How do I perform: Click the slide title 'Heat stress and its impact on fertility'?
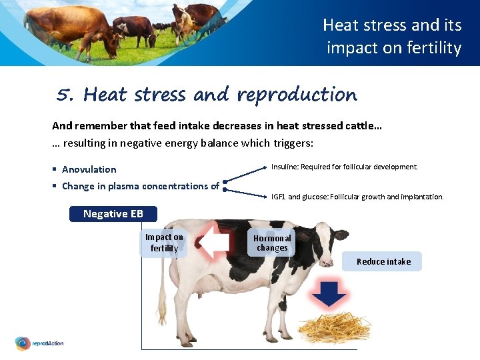392,37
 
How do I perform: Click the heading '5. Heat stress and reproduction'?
207,95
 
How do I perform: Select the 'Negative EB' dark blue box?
113,214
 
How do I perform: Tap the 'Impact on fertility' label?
164,243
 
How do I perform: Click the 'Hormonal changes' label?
272,243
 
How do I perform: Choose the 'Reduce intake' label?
383,261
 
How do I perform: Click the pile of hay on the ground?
333,327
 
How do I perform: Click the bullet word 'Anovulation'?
89,169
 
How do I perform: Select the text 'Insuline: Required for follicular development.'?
344,167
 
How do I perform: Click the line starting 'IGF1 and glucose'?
357,197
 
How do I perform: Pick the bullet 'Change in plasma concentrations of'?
140,186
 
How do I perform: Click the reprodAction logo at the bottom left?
39,343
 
